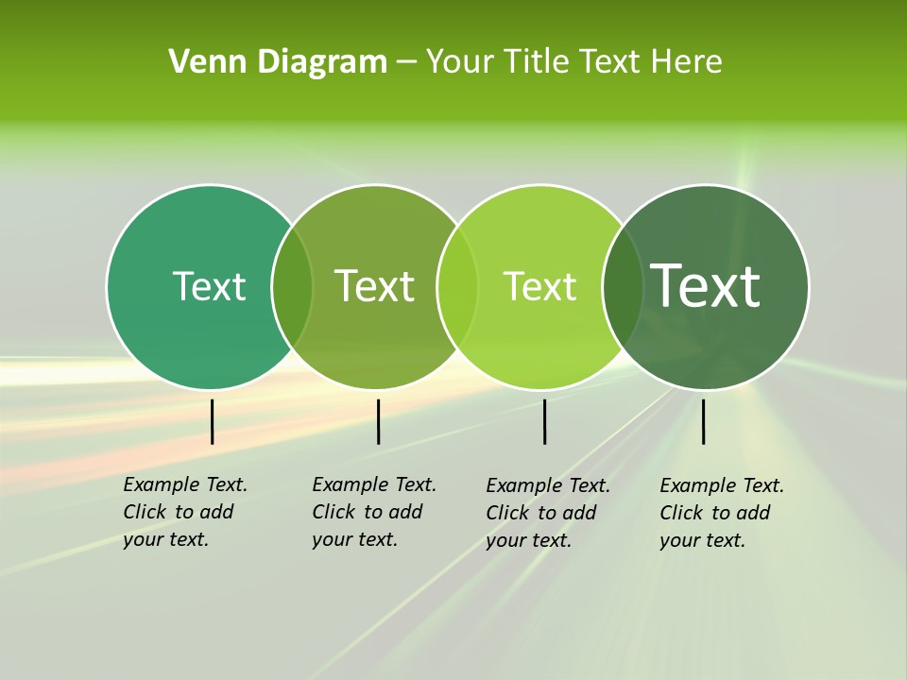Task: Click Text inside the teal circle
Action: coord(209,286)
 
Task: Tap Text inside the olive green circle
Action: coord(375,286)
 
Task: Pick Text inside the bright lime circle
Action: coord(539,286)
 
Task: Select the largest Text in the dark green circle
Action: coord(706,286)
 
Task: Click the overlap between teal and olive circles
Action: coord(292,286)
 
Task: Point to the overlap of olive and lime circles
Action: coord(457,286)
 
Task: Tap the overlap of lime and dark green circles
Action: coord(623,286)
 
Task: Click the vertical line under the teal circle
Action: coord(213,421)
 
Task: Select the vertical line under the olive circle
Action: coord(378,421)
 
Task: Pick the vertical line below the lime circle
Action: coord(544,421)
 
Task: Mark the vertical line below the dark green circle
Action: coord(703,421)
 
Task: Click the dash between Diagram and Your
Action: coord(406,62)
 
